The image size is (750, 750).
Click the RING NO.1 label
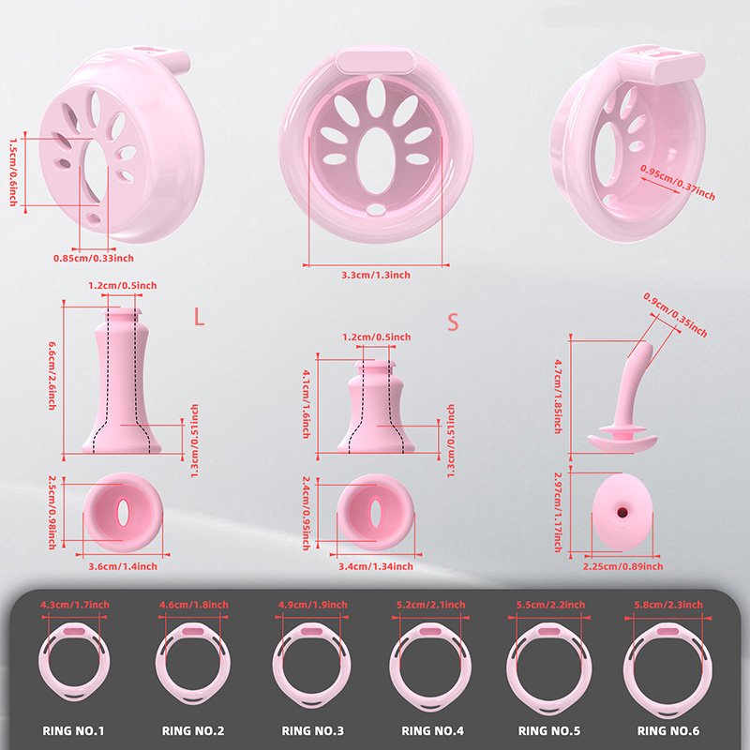click(73, 730)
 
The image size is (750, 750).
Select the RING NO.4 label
click(432, 730)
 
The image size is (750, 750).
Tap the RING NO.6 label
click(668, 730)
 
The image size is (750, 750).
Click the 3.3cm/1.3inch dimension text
click(376, 275)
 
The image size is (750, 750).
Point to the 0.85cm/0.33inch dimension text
click(94, 259)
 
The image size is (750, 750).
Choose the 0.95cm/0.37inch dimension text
click(678, 183)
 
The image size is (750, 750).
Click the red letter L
click(199, 317)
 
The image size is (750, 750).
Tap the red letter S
click(453, 322)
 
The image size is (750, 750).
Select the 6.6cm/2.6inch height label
click(52, 375)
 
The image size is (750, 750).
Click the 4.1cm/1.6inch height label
click(307, 403)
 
